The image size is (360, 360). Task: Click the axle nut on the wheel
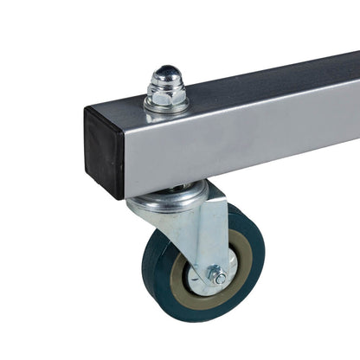click(217, 276)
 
